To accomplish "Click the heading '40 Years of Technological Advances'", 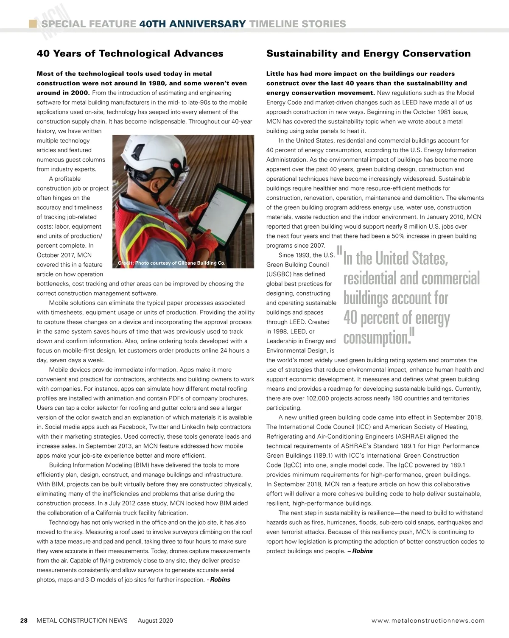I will pyautogui.click(x=130, y=53).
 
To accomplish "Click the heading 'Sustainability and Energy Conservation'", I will pyautogui.click(x=368, y=53).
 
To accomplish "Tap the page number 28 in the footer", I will pyautogui.click(x=24, y=621).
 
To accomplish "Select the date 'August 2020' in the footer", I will pyautogui.click(x=155, y=621).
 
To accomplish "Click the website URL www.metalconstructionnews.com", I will pyautogui.click(x=428, y=621).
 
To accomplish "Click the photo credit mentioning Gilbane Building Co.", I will pyautogui.click(x=171, y=263).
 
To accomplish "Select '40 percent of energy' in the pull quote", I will pyautogui.click(x=397, y=318).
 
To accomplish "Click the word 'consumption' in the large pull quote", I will pyautogui.click(x=376, y=338).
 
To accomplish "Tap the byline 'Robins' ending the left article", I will pyautogui.click(x=220, y=580).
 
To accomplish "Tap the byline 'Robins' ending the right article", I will pyautogui.click(x=362, y=551).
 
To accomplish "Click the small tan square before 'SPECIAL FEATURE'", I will pyautogui.click(x=32, y=24).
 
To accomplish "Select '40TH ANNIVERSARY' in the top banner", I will pyautogui.click(x=192, y=24).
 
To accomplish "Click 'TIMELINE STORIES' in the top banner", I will pyautogui.click(x=298, y=24).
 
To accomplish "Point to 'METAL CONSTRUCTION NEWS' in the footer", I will pyautogui.click(x=82, y=621).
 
